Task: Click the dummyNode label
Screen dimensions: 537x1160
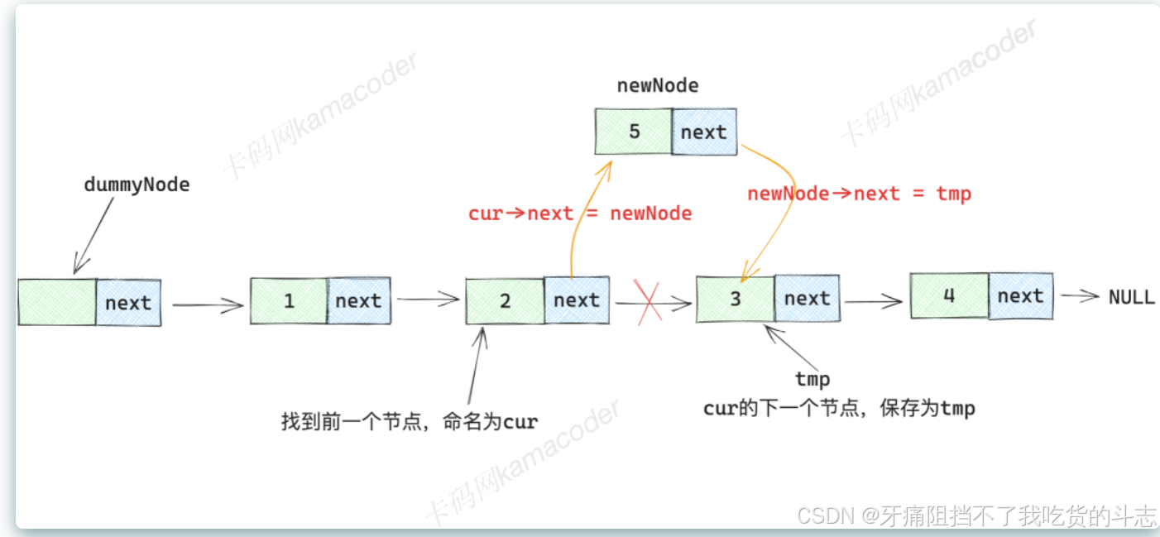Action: pyautogui.click(x=137, y=185)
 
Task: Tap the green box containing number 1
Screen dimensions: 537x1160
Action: pyautogui.click(x=290, y=300)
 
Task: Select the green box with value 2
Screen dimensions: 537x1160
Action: pyautogui.click(x=505, y=300)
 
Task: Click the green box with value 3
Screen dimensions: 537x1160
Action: pyautogui.click(x=735, y=299)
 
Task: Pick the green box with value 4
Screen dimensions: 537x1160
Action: pyautogui.click(x=949, y=295)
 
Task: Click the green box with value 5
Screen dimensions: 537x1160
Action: pyautogui.click(x=633, y=132)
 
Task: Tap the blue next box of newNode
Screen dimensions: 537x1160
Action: pyautogui.click(x=703, y=132)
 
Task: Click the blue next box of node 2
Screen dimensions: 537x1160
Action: pyautogui.click(x=577, y=300)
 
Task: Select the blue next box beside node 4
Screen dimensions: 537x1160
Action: pyautogui.click(x=1020, y=295)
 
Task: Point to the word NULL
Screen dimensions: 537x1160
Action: pyautogui.click(x=1131, y=297)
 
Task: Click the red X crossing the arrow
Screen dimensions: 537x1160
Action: pyautogui.click(x=647, y=303)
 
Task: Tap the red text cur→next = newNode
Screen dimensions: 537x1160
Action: pyautogui.click(x=579, y=213)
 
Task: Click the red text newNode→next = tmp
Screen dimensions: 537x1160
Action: pyautogui.click(x=859, y=194)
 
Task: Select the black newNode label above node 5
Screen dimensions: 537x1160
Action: pyautogui.click(x=658, y=86)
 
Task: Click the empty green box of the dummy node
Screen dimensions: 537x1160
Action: pyautogui.click(x=57, y=302)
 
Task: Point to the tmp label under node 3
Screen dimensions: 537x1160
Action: pyautogui.click(x=812, y=379)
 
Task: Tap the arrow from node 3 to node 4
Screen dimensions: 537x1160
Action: pyautogui.click(x=874, y=302)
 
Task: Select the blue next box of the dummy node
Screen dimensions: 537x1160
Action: pyautogui.click(x=128, y=303)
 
